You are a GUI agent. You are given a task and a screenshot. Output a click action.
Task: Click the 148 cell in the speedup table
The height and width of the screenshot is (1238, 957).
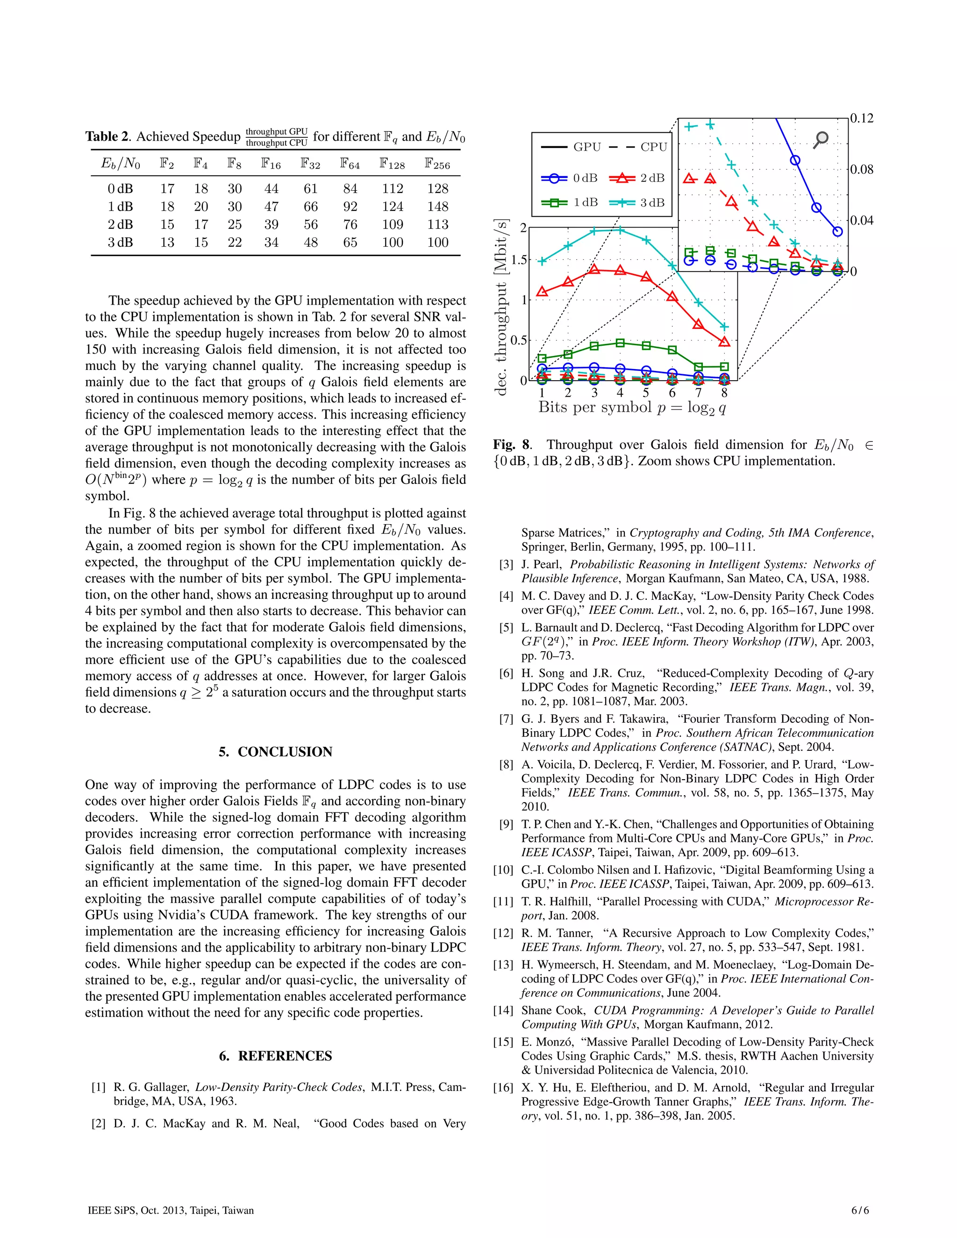pyautogui.click(x=438, y=206)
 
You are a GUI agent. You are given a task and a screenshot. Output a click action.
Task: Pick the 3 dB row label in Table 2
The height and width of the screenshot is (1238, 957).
pyautogui.click(x=120, y=242)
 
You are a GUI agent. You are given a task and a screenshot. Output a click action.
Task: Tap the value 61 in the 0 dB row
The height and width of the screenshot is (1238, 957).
pyautogui.click(x=310, y=189)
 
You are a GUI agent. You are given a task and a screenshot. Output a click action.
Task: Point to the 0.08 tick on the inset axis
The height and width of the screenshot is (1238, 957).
pyautogui.click(x=861, y=170)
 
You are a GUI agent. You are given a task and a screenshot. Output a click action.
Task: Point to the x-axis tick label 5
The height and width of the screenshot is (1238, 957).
pyautogui.click(x=646, y=393)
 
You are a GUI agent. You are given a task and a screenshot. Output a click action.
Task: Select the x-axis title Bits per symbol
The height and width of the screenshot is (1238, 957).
pyautogui.click(x=632, y=407)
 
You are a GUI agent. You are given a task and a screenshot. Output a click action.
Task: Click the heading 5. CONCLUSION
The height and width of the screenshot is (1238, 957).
pyautogui.click(x=276, y=752)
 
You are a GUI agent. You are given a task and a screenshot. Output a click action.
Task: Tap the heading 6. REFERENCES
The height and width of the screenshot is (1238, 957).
pyautogui.click(x=276, y=1055)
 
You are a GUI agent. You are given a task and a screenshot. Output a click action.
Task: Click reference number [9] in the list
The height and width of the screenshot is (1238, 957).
pyautogui.click(x=506, y=824)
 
